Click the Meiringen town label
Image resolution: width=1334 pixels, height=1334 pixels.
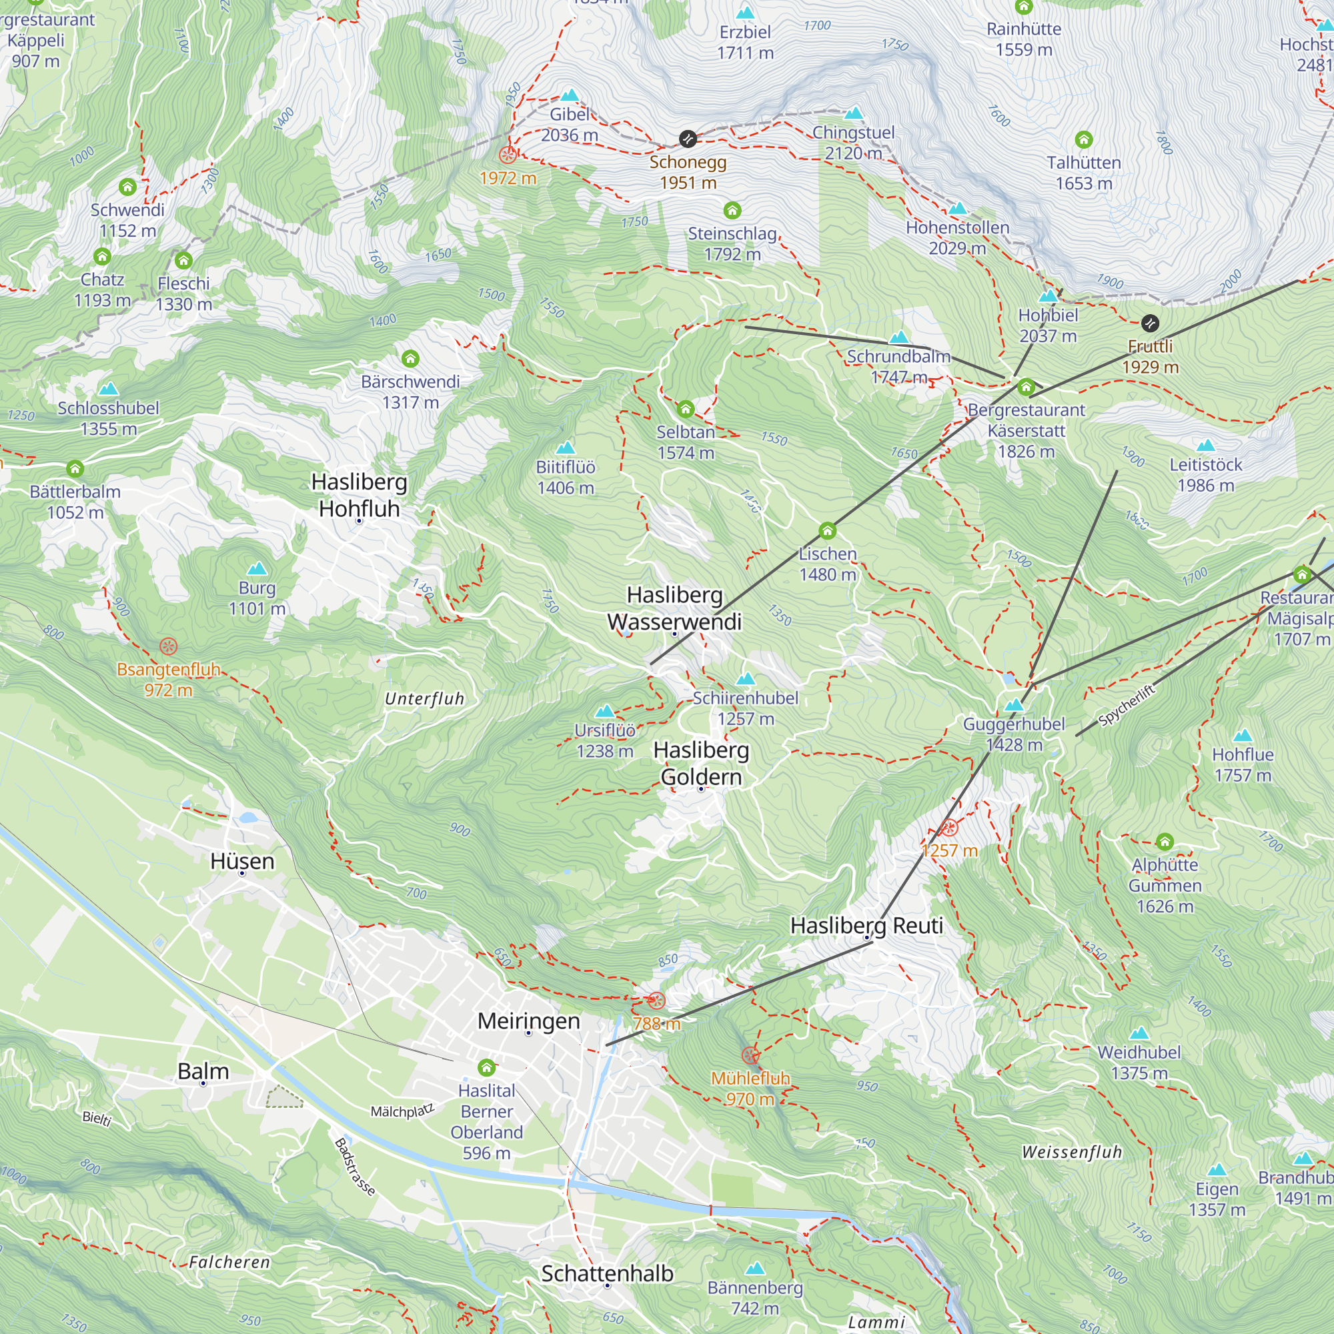(x=528, y=1021)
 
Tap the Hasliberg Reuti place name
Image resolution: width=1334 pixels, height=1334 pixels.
(x=866, y=925)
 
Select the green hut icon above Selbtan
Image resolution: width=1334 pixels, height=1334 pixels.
(x=685, y=410)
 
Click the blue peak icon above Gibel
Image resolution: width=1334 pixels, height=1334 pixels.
(x=569, y=95)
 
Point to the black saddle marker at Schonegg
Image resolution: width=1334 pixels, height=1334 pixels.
(x=688, y=139)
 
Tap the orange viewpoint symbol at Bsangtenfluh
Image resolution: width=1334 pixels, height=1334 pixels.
(x=169, y=646)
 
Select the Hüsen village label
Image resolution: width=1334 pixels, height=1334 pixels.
(x=242, y=861)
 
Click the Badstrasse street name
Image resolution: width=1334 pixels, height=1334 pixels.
(x=355, y=1166)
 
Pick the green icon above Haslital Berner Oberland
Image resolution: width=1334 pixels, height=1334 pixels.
(x=486, y=1067)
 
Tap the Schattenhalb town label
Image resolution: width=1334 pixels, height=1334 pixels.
(x=607, y=1273)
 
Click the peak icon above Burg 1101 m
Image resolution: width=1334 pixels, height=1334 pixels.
(x=257, y=568)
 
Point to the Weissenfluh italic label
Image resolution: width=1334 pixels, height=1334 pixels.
(x=1072, y=1152)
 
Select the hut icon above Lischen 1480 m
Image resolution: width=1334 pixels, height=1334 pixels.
(x=827, y=531)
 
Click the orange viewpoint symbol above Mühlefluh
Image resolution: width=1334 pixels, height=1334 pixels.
(x=750, y=1055)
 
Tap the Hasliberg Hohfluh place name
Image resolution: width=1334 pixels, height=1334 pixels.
(x=359, y=495)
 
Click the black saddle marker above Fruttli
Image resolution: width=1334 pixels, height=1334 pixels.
(x=1150, y=322)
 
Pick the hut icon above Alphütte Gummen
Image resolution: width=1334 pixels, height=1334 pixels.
(x=1165, y=842)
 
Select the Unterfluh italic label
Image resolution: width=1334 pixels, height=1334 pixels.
(x=424, y=699)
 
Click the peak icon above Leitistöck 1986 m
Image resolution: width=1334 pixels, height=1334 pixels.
(x=1205, y=446)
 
